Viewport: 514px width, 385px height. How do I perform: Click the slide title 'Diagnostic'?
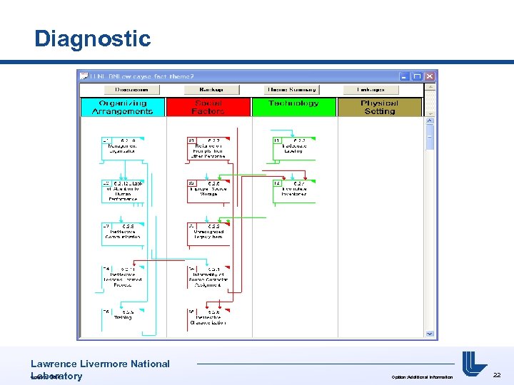click(x=92, y=38)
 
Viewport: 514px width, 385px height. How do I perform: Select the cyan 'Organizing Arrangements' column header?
click(x=123, y=107)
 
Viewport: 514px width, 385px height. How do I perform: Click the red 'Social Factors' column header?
click(x=208, y=107)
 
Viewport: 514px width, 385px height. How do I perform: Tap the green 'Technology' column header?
click(x=293, y=104)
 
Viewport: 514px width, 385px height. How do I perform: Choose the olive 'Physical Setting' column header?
click(x=380, y=107)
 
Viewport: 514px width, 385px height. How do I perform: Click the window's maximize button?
click(x=418, y=76)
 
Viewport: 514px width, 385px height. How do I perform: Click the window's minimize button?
click(x=405, y=76)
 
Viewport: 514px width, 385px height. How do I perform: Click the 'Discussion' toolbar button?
click(x=131, y=90)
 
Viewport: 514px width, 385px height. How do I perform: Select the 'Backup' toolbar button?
click(x=212, y=90)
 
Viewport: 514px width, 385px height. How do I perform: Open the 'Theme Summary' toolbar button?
click(x=291, y=90)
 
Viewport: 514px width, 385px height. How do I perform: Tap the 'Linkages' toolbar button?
click(x=371, y=90)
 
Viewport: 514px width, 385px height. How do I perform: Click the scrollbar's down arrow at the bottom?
click(x=430, y=333)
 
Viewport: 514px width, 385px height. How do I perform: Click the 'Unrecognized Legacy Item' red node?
click(x=208, y=232)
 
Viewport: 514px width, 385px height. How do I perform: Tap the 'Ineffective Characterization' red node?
click(x=208, y=318)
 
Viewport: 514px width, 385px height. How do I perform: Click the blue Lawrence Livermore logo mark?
click(x=474, y=364)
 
